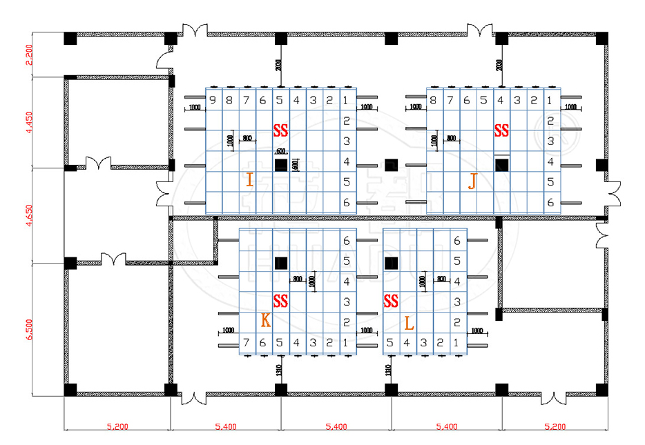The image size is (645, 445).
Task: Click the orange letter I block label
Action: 249,181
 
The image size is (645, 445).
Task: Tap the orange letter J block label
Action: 472,181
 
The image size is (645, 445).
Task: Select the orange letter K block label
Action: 265,321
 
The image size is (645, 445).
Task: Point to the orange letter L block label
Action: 409,322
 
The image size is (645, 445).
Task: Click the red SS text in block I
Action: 280,130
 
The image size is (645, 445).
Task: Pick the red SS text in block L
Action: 391,301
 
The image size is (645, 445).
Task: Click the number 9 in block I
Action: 213,101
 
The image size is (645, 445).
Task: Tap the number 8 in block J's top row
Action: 433,101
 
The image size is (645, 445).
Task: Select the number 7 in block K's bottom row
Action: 246,343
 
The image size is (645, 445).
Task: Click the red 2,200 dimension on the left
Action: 29,55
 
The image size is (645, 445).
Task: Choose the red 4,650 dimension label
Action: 29,215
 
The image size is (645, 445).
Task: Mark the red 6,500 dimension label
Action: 29,328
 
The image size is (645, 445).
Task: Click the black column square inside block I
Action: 280,165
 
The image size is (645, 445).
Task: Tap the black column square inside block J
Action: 502,164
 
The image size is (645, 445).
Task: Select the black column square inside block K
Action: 280,263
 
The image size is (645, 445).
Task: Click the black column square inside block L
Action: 391,263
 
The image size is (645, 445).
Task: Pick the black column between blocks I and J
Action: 391,165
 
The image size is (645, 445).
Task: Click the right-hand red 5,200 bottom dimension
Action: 556,427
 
